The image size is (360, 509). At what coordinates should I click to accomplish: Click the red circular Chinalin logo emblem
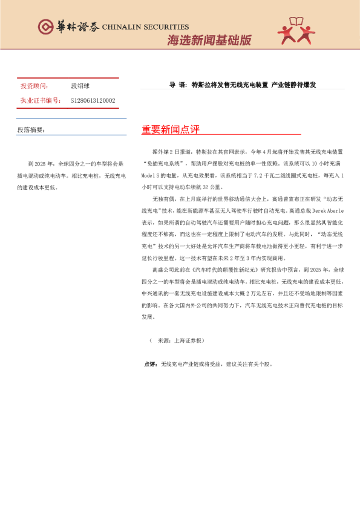(45, 26)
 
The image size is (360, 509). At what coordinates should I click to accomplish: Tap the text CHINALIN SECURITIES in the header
(145, 27)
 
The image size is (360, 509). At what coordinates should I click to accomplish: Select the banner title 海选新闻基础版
(209, 41)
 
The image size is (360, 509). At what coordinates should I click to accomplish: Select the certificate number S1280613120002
(93, 100)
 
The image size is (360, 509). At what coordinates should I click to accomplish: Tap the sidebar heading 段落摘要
(31, 129)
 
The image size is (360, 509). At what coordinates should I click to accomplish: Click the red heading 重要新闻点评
(171, 130)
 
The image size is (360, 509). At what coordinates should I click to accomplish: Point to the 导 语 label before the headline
(178, 85)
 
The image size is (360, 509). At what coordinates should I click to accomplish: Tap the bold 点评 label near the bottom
(151, 365)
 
